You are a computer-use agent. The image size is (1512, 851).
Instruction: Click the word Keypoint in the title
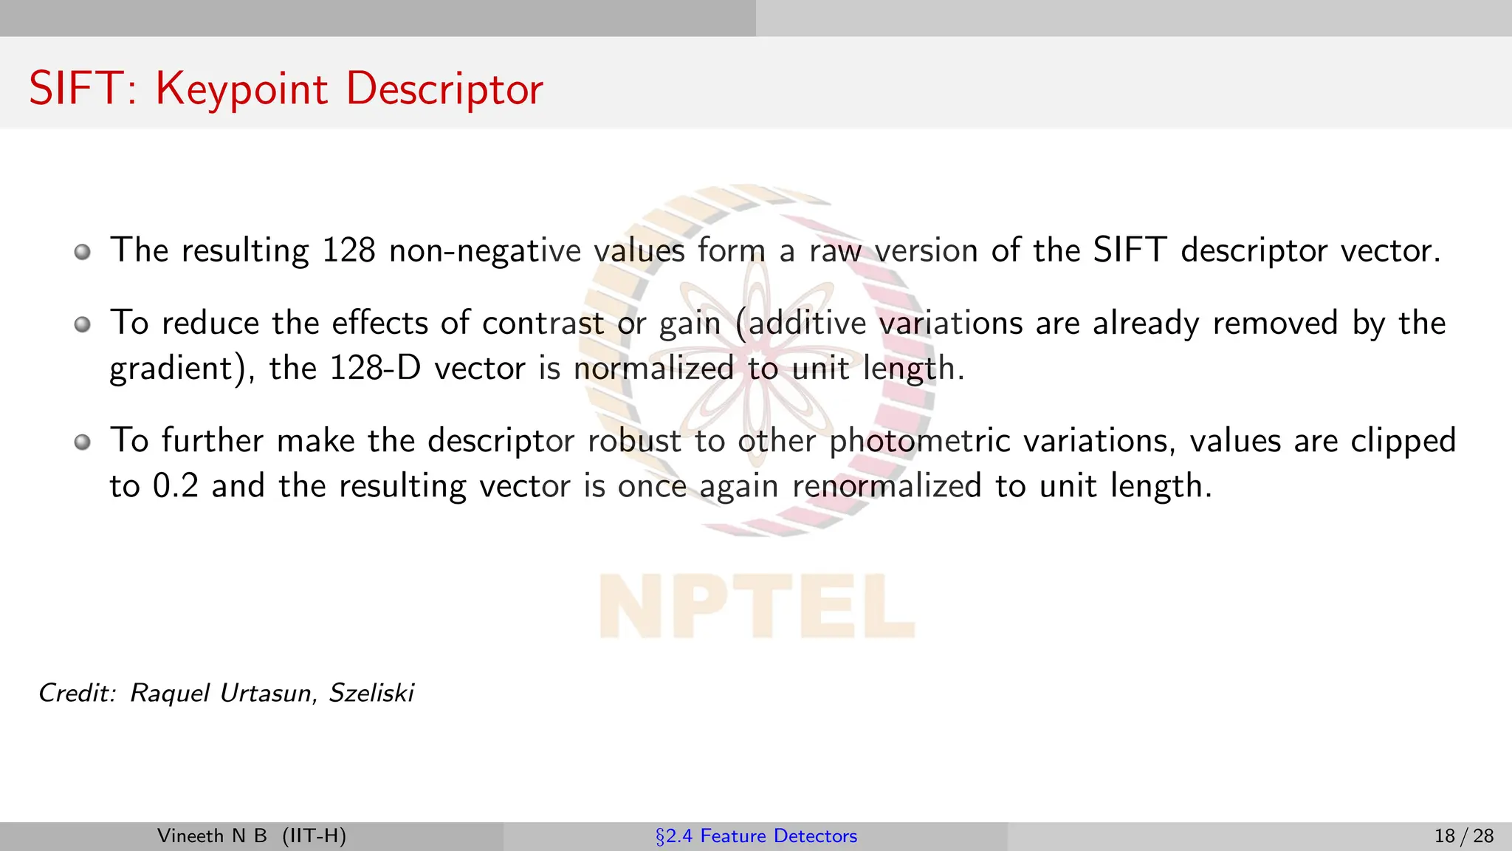[241, 89]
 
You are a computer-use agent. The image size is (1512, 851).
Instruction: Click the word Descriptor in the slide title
[444, 89]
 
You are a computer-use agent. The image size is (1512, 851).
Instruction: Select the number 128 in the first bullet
[348, 250]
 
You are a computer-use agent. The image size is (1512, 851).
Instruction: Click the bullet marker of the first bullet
[83, 252]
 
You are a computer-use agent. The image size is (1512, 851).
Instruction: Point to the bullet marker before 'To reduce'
[83, 324]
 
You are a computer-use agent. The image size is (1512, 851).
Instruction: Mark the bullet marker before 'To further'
[83, 442]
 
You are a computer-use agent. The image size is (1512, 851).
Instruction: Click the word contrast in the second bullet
[543, 324]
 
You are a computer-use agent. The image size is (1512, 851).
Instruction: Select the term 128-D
[374, 368]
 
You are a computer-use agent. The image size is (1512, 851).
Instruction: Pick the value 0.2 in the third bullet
[176, 486]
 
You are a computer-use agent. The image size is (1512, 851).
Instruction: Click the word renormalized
[887, 486]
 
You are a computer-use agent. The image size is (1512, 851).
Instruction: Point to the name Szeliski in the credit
[371, 693]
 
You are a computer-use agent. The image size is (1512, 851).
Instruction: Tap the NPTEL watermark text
[756, 606]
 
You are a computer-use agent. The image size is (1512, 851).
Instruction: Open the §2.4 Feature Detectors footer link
[756, 836]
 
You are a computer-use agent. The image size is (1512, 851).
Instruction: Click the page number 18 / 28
[1463, 836]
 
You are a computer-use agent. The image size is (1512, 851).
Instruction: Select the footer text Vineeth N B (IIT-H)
[252, 836]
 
